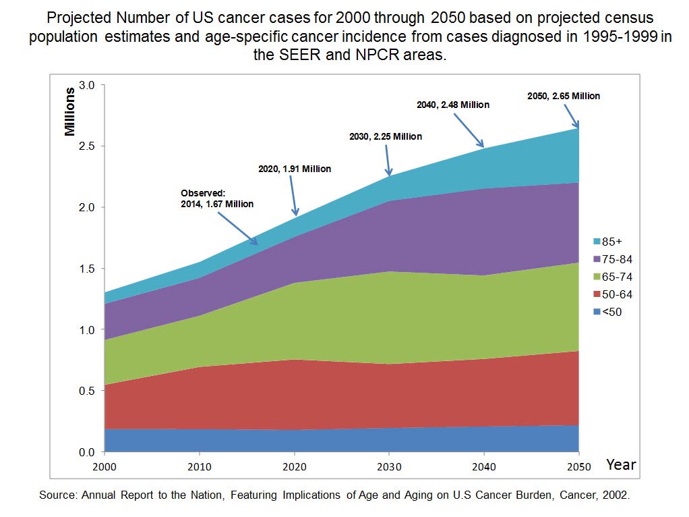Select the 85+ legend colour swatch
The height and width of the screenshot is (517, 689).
597,242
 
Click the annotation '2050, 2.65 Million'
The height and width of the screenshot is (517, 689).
563,96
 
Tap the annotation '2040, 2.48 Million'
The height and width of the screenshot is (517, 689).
452,105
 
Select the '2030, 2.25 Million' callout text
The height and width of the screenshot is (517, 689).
386,136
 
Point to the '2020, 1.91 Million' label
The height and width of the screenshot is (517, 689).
295,169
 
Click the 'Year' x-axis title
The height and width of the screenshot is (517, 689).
620,464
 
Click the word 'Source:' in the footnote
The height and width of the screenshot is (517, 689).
59,495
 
